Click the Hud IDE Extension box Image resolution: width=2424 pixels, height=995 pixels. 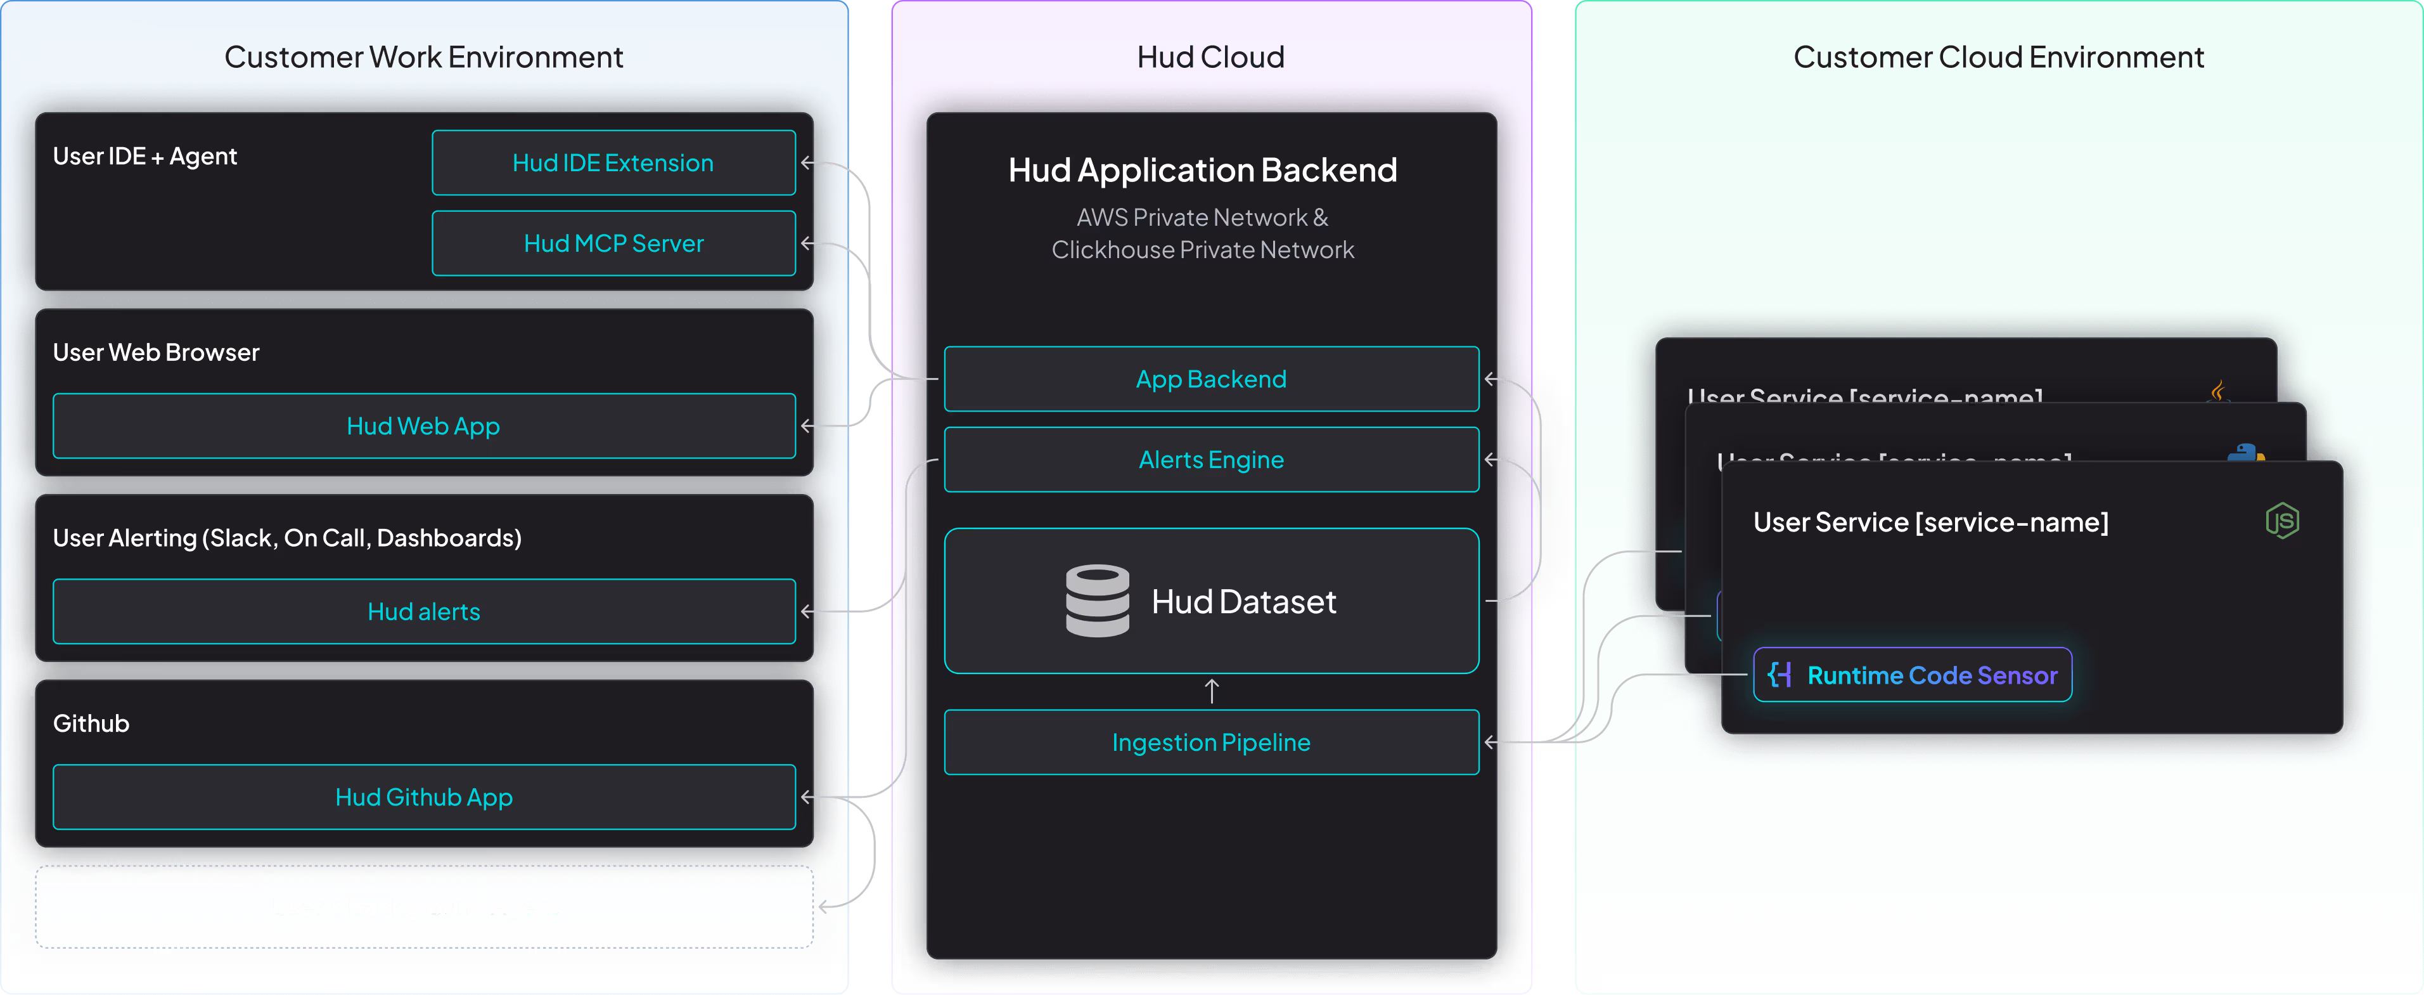point(613,163)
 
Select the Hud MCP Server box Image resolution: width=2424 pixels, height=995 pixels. point(613,244)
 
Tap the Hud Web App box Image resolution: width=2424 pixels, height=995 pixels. point(423,426)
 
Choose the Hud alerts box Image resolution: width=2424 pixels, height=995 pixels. point(423,612)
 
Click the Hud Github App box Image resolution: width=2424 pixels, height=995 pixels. point(423,797)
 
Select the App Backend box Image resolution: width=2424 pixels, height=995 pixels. point(1211,379)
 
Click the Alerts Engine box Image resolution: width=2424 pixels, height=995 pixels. point(1211,460)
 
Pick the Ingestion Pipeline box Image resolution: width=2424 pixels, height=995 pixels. point(1211,743)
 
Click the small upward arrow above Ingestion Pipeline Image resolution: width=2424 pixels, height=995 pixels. point(1212,692)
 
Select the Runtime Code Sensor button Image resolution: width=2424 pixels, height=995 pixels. point(1912,675)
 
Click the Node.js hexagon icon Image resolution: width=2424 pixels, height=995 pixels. point(2282,521)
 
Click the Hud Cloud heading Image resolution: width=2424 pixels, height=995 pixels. point(1210,58)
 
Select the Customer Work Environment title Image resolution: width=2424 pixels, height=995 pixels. point(423,58)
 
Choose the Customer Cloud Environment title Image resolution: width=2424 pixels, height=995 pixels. point(1998,58)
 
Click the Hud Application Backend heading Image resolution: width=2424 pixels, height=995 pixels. point(1203,171)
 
